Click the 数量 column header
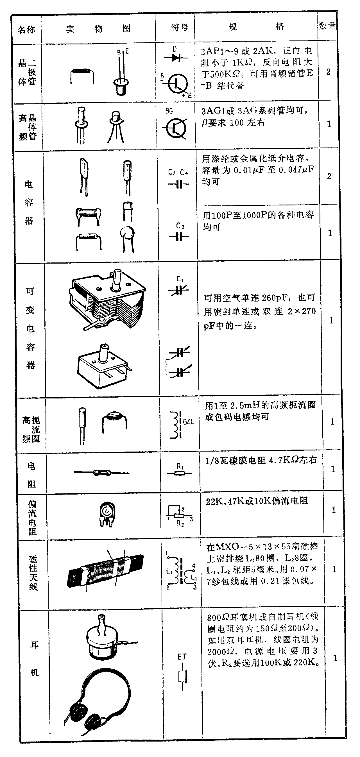coord(327,26)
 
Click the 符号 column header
coord(179,28)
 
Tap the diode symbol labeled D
coord(176,58)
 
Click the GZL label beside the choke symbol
coord(188,422)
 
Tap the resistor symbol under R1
coord(179,473)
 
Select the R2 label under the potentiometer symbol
coord(180,523)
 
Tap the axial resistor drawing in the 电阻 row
coord(102,473)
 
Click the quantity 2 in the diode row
coord(328,72)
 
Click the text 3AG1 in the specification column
coord(213,111)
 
